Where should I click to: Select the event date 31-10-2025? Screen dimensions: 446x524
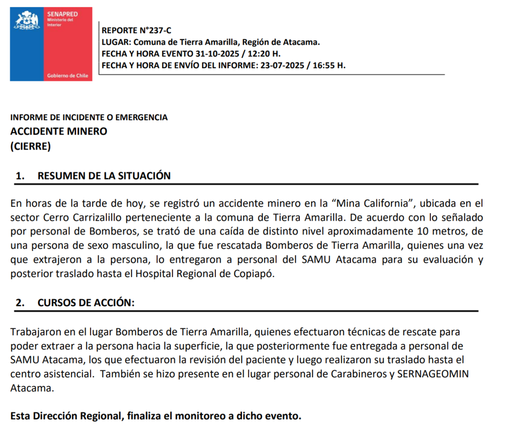click(216, 54)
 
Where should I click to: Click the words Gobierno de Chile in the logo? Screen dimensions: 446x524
click(68, 75)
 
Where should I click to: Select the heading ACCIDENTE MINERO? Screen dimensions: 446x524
click(59, 131)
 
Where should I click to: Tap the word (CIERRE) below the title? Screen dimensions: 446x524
click(31, 146)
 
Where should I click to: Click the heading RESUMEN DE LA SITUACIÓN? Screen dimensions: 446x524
click(104, 176)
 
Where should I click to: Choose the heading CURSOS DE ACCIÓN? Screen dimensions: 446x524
click(86, 303)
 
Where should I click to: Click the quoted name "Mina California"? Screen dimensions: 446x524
click(367, 203)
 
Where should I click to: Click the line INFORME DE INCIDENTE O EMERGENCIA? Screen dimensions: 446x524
click(89, 117)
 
